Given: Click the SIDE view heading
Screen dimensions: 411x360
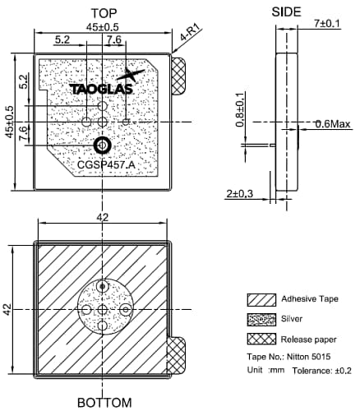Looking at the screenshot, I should click(x=287, y=11).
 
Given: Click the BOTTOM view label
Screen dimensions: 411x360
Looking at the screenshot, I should click(x=104, y=403).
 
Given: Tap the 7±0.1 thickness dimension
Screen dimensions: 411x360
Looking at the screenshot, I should click(x=325, y=23).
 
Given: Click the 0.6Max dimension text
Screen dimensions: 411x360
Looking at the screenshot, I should click(x=333, y=125).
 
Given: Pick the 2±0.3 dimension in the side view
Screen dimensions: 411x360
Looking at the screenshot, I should click(x=239, y=194).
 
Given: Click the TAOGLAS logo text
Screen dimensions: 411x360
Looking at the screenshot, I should click(x=99, y=88).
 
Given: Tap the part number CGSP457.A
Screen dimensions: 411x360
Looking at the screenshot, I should click(x=106, y=164).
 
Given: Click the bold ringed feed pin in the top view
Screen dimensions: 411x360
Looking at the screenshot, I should click(x=103, y=145).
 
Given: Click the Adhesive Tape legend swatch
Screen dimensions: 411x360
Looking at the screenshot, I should click(x=261, y=299).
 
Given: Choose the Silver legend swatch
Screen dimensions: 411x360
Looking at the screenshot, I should click(x=261, y=319).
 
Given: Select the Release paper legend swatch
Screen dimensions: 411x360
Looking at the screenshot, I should click(x=261, y=339).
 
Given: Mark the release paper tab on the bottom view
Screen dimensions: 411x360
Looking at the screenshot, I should click(x=177, y=355).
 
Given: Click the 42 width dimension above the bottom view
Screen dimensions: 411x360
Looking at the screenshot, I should click(x=102, y=217).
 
